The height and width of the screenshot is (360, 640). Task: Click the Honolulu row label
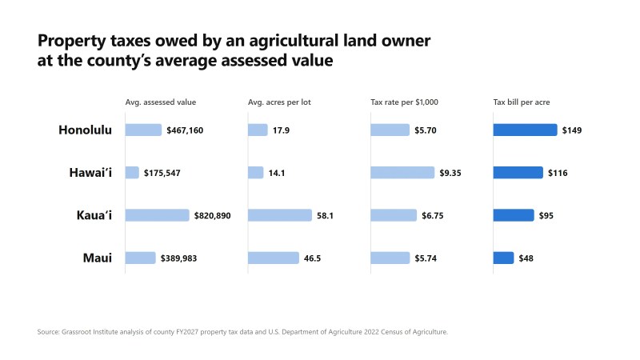85,130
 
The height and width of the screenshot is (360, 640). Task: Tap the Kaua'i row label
94,215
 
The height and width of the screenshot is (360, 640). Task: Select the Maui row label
97,258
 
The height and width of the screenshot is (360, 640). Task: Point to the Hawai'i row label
90,173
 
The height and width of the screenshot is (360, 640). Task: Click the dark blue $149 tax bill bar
525,130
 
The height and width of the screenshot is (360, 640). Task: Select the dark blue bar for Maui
503,258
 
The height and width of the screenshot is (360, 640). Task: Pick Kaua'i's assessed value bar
157,215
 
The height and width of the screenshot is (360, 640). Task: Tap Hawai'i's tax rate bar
402,173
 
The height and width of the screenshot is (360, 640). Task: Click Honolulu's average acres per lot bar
258,130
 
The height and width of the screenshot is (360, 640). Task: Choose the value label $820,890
212,215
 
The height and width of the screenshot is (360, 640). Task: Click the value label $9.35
450,173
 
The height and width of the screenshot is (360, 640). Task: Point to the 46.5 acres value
312,258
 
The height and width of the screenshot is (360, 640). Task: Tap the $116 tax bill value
558,173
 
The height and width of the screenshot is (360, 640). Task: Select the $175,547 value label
162,173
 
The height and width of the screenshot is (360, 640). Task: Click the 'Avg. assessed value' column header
161,102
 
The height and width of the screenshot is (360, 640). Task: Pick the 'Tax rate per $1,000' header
404,102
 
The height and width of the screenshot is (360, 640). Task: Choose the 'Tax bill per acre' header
522,102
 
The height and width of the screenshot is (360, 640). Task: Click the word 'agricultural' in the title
294,41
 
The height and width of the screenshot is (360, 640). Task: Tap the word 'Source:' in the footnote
48,332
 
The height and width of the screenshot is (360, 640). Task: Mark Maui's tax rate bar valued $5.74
390,258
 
